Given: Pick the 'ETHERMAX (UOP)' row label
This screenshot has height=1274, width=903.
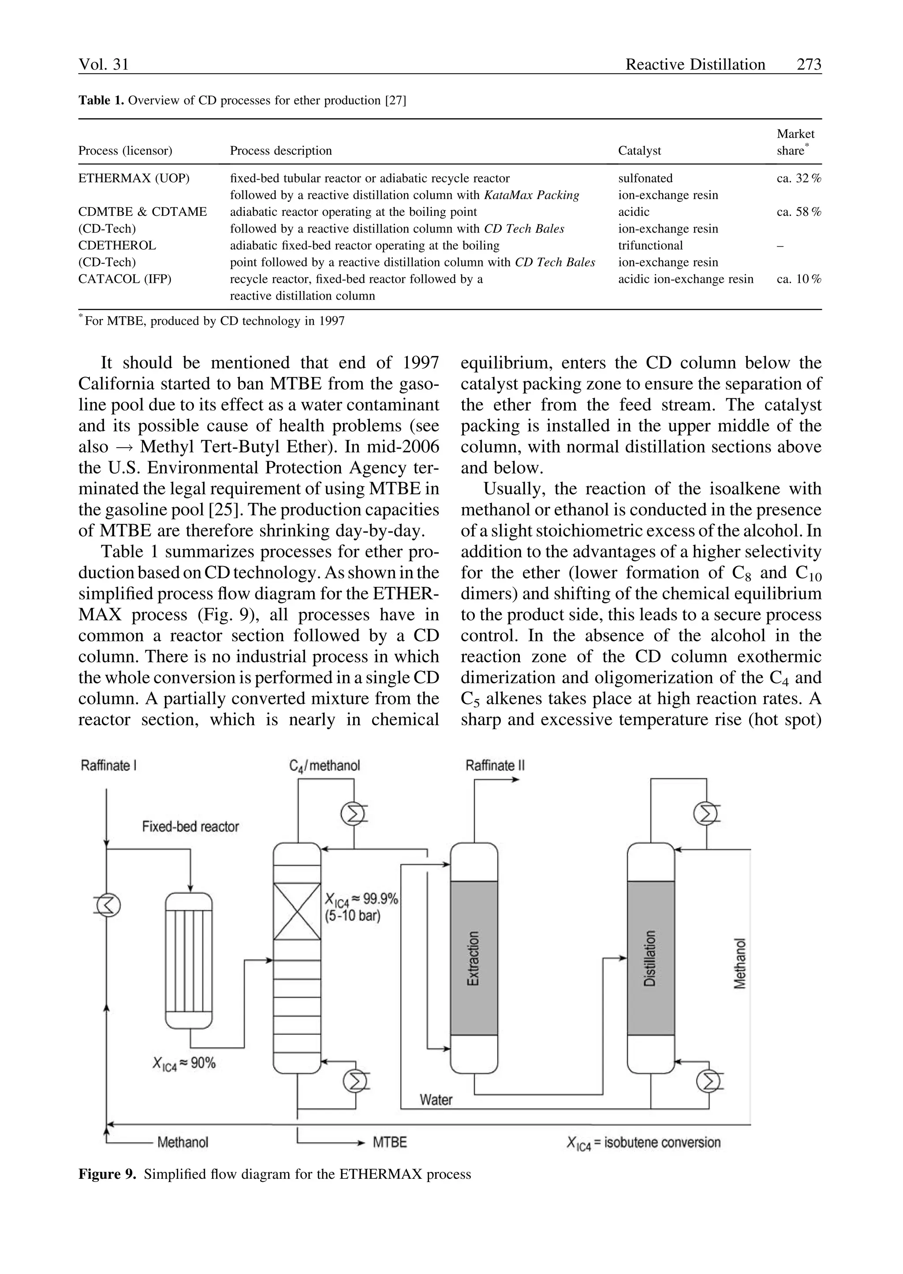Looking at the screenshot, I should coord(134,178).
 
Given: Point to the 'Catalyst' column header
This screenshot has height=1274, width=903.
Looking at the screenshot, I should coord(639,151).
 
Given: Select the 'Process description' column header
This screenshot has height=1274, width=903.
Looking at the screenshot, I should coord(281,151).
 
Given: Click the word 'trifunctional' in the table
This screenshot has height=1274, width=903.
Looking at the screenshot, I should coord(650,245).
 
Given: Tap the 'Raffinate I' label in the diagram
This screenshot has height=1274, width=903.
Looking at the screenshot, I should coord(108,766).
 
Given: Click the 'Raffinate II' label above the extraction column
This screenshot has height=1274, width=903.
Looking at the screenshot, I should coord(495,766).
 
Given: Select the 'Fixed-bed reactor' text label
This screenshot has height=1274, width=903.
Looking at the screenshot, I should coord(190,827).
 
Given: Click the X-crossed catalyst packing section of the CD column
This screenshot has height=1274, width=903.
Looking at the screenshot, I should coord(297,911).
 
